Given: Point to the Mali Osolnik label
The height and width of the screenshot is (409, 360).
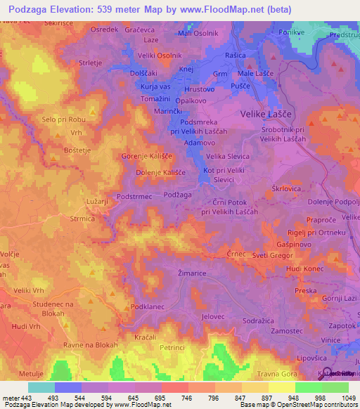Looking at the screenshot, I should (x=199, y=33).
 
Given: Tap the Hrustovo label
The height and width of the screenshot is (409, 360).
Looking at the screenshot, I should (x=200, y=90).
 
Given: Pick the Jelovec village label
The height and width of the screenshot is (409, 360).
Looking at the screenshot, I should (x=212, y=317).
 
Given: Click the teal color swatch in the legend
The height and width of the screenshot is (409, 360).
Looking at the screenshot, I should (x=41, y=387).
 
